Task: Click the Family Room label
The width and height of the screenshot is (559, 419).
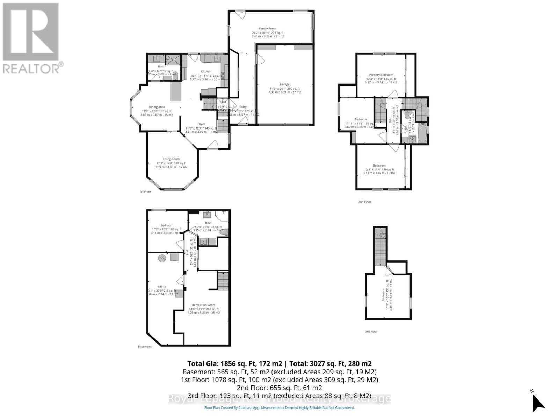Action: tap(268, 29)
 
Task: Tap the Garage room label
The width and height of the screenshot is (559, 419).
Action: tap(284, 84)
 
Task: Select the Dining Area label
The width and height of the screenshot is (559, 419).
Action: tap(157, 107)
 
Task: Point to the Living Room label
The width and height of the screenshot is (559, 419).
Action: tap(171, 159)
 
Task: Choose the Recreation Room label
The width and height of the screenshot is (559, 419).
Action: tap(204, 305)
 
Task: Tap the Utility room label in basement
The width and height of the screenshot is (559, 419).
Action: tap(162, 287)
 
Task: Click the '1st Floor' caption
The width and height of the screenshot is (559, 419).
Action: tap(145, 192)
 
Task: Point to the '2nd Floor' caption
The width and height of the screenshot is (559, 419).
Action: tap(365, 202)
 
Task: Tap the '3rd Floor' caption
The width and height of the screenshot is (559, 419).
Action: tap(371, 332)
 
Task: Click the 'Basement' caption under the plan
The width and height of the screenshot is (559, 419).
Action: tap(145, 347)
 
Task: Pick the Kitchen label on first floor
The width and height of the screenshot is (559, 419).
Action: tap(206, 71)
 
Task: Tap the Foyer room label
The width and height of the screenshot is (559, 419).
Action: tap(201, 124)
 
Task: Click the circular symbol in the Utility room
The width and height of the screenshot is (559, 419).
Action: tap(162, 258)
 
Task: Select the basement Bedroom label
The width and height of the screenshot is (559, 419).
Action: tap(167, 225)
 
